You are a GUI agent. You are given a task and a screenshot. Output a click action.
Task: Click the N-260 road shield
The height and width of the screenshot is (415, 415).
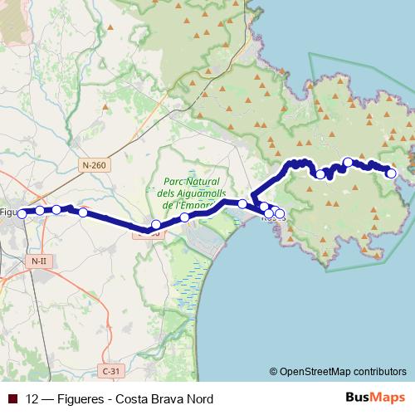click(95, 166)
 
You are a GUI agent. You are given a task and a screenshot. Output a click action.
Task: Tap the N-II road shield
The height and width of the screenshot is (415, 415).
click(38, 261)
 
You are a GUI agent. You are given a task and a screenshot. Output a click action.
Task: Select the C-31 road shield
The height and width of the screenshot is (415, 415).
click(109, 369)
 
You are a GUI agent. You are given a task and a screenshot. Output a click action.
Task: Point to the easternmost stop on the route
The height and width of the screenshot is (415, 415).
click(391, 173)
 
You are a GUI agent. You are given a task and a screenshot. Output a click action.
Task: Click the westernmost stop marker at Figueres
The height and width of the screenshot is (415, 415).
click(23, 212)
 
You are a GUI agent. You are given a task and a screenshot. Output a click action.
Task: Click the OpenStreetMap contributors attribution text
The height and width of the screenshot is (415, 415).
click(344, 372)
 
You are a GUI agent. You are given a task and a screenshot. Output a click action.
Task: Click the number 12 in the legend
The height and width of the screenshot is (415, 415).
click(33, 399)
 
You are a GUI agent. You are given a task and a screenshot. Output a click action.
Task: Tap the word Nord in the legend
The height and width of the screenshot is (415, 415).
click(198, 399)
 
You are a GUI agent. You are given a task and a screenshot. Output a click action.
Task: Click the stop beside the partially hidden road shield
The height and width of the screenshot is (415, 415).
click(155, 224)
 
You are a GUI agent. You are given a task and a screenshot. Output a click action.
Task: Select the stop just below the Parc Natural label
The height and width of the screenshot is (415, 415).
click(184, 217)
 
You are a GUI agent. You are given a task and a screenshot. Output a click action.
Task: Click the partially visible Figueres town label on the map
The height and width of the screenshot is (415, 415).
click(8, 212)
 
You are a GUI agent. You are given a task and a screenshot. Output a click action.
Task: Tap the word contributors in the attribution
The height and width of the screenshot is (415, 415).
click(375, 372)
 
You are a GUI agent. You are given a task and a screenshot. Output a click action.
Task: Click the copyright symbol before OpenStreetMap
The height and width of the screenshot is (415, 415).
click(275, 372)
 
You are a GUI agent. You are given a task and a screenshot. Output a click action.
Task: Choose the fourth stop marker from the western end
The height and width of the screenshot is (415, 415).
click(83, 212)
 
